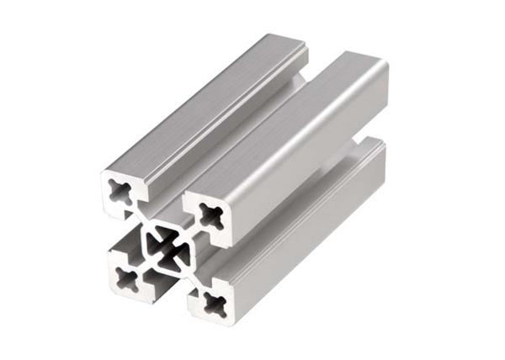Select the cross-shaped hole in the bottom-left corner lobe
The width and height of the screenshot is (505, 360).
127,278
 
